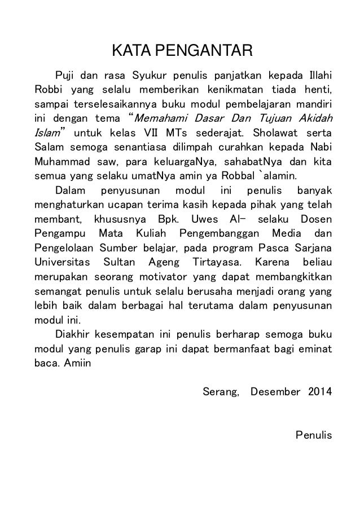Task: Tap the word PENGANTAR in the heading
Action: [x=200, y=55]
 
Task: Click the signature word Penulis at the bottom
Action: [x=314, y=435]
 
